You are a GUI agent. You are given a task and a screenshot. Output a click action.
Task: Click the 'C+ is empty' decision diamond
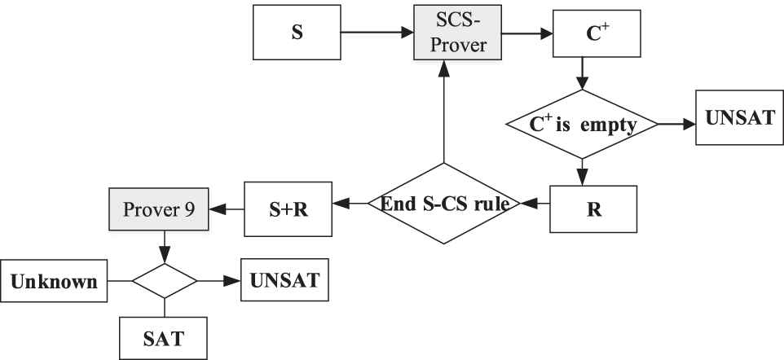tap(582, 125)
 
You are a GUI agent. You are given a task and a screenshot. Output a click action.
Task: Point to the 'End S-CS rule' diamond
tap(443, 204)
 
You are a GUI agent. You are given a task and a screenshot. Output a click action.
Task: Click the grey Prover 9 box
tap(159, 209)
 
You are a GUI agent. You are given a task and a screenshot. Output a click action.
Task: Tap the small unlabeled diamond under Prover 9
tap(165, 280)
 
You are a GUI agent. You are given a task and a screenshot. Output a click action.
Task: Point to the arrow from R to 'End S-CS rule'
tap(535, 203)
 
